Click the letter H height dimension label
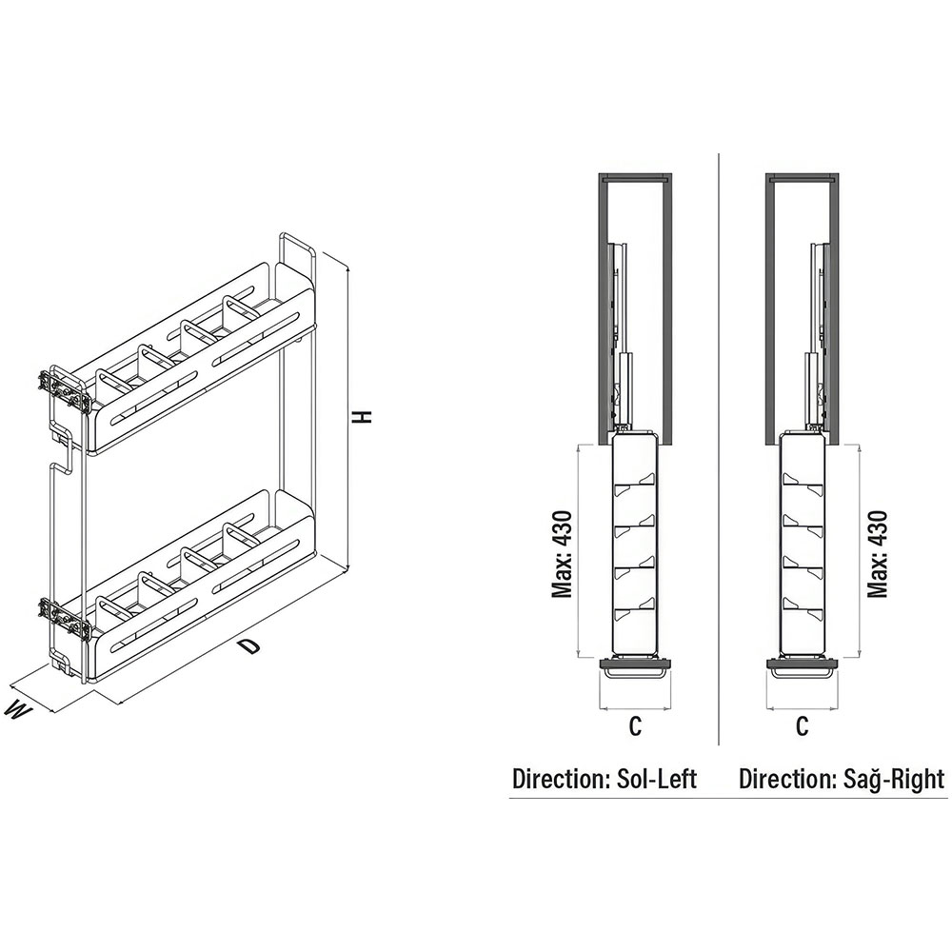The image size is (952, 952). pos(363,417)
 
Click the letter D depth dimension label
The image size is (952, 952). pos(248,646)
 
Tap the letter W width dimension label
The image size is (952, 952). pos(18,710)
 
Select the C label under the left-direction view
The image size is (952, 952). pos(635,726)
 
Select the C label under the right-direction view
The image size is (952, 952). pos(802,726)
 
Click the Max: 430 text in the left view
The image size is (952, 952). pos(563,554)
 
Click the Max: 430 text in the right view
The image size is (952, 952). pos(878,554)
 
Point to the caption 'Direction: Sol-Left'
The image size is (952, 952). pos(605,779)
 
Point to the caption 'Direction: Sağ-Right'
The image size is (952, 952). pos(842,779)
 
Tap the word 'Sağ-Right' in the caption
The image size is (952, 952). pos(894,780)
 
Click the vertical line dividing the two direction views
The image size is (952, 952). pos(719,448)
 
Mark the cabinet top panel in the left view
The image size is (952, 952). pos(634,179)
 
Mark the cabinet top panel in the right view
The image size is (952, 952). pos(803,179)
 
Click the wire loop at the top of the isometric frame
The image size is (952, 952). pos(297,248)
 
